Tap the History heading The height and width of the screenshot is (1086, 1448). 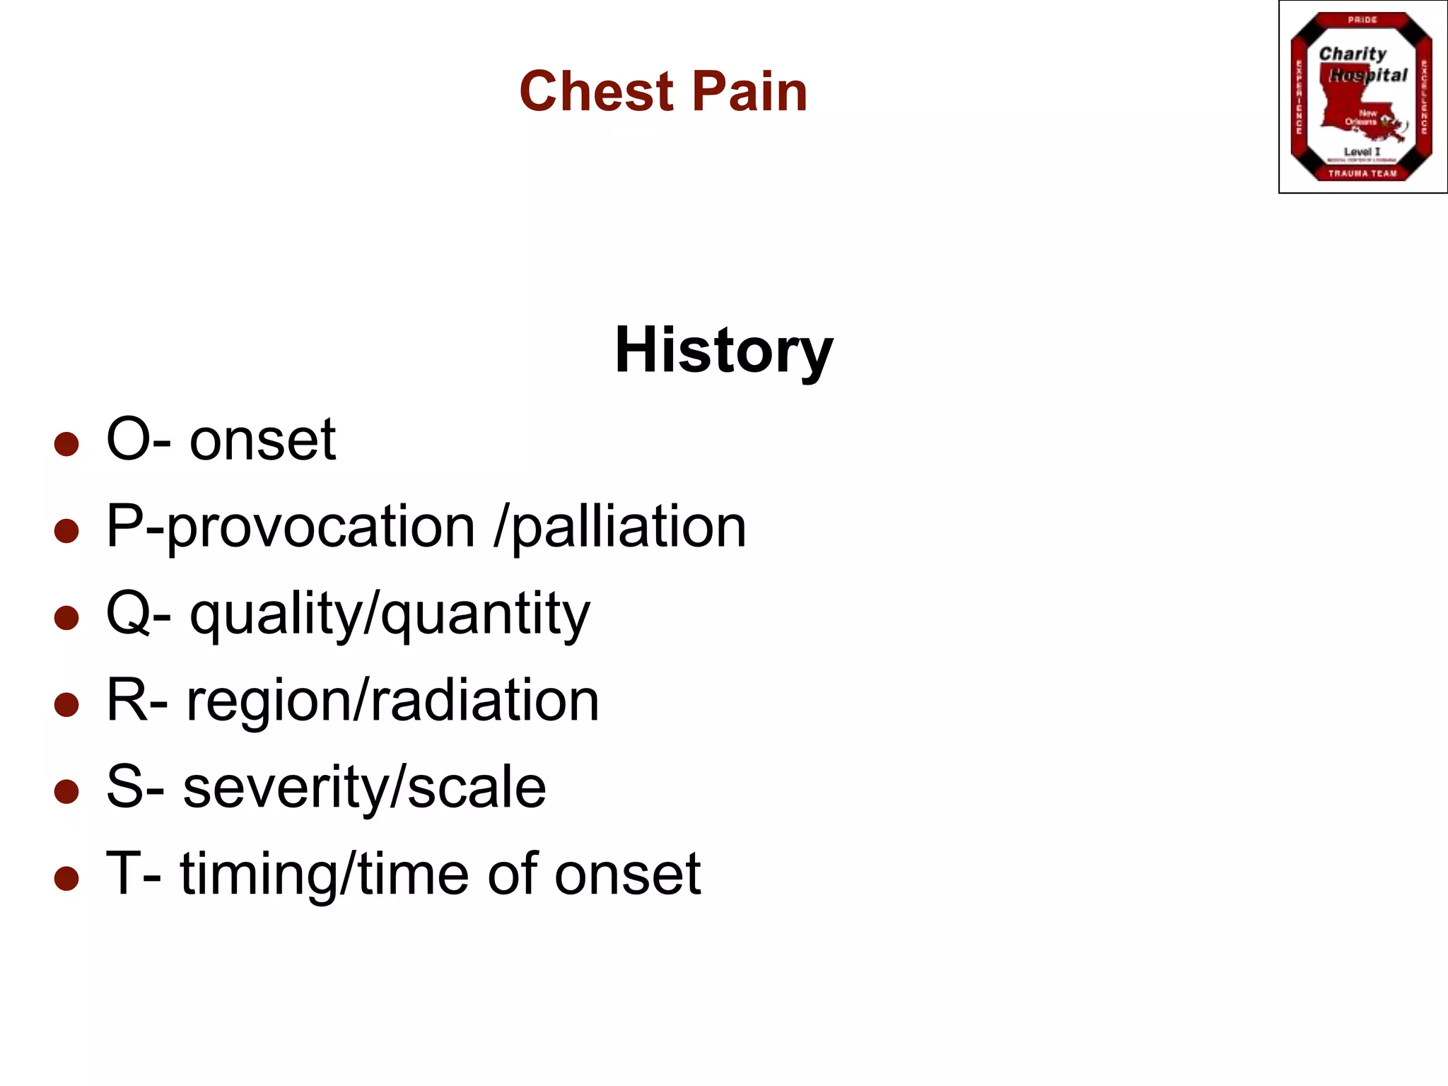[x=723, y=351]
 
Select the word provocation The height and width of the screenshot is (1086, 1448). [x=321, y=528]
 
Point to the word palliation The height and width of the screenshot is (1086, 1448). [x=628, y=528]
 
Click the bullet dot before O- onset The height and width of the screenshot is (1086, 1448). [x=66, y=444]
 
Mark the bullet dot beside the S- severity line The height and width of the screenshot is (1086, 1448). [x=66, y=791]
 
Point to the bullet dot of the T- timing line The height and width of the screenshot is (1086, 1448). [x=66, y=878]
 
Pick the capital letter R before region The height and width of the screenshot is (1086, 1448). [x=127, y=700]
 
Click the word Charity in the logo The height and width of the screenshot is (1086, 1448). [x=1353, y=54]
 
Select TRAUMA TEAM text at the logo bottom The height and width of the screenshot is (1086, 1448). [x=1362, y=173]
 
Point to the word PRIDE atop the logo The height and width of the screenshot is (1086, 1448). [x=1362, y=20]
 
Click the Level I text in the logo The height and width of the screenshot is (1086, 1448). [x=1362, y=151]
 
